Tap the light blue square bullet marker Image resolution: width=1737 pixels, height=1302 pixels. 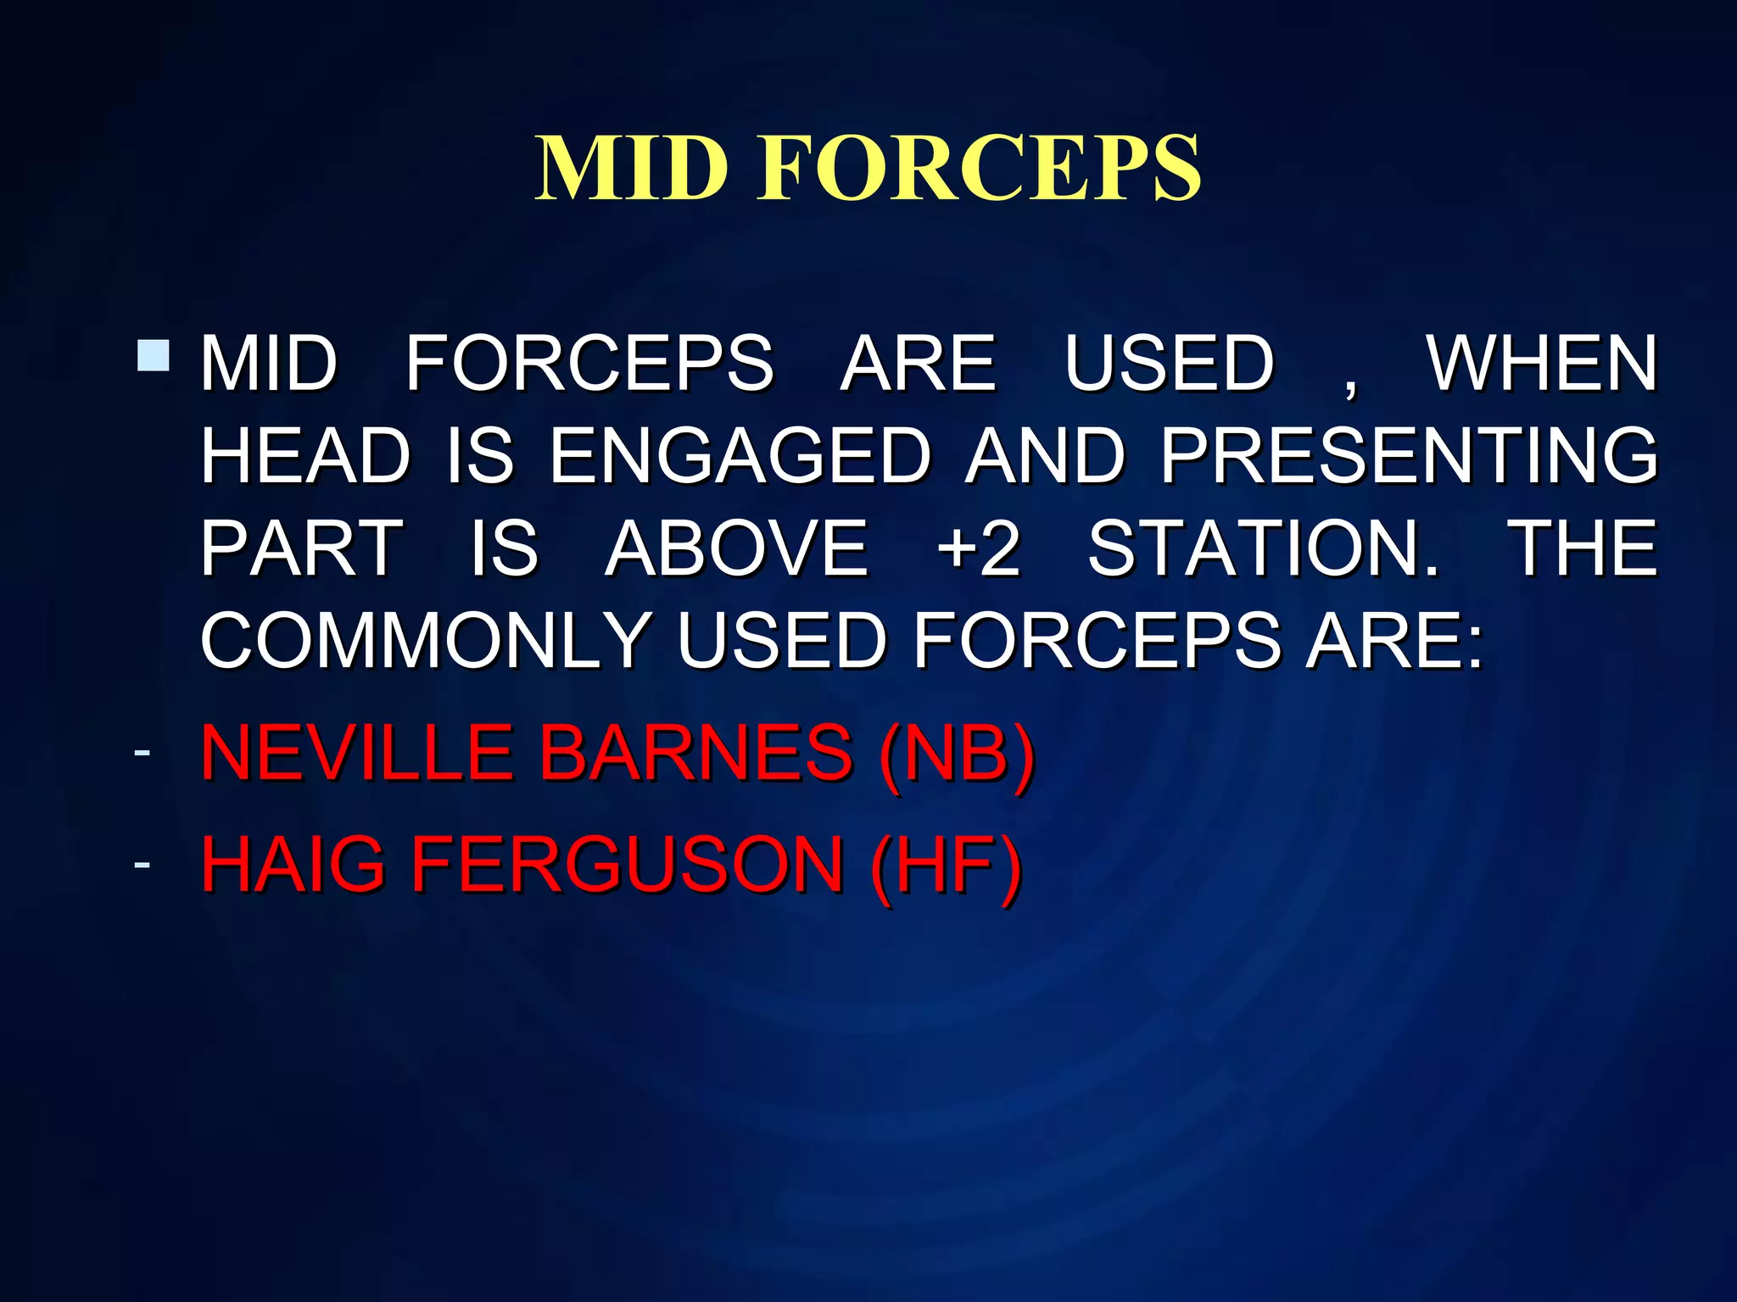coord(154,355)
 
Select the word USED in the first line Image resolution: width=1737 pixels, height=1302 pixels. coord(1169,364)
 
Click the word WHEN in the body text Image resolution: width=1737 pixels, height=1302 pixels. coord(1541,364)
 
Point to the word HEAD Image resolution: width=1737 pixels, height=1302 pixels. coord(305,456)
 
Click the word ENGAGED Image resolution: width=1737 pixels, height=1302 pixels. coord(740,456)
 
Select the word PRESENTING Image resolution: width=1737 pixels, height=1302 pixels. coord(1408,456)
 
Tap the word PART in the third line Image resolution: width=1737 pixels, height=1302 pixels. coord(301,548)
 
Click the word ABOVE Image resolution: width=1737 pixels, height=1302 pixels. coord(736,548)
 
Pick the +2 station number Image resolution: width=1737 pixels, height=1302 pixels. coord(979,548)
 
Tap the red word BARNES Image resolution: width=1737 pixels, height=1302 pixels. coord(695,753)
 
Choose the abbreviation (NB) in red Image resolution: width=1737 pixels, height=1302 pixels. coord(958,753)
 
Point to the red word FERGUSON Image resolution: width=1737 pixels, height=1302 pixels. coord(628,865)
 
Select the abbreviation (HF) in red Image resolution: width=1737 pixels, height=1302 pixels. coord(946,865)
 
